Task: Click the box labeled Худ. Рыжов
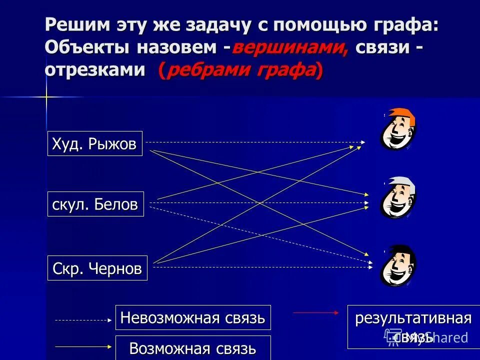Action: coord(94,143)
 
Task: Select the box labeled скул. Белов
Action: coord(95,204)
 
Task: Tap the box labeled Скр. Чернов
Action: coord(97,268)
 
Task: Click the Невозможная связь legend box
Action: coord(193,317)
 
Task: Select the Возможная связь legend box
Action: coord(193,347)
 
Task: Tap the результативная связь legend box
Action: coord(413,326)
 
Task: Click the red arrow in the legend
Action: coord(315,312)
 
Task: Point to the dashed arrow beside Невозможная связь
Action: coord(82,320)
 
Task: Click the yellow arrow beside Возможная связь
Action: coord(82,345)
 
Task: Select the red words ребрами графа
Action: coord(241,70)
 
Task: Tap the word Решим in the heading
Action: coord(75,24)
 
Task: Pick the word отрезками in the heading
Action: coord(95,70)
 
